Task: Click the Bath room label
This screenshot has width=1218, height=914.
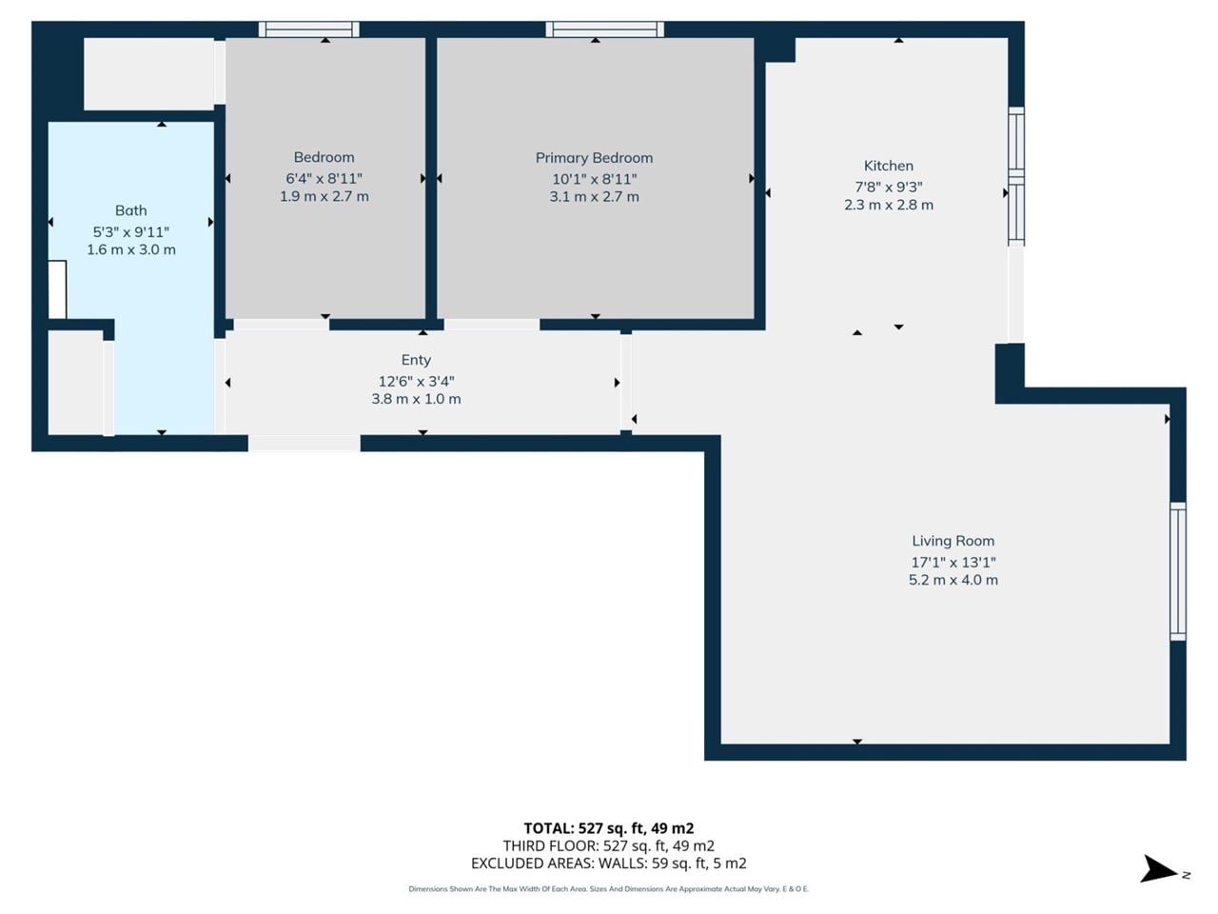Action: tap(131, 210)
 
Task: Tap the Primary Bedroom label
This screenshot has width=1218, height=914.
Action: tap(594, 158)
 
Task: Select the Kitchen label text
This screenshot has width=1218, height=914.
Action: tap(889, 166)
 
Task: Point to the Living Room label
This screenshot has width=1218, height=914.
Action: tap(953, 541)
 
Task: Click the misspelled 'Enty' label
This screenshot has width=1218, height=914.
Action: tap(416, 360)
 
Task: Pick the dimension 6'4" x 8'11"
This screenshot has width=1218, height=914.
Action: tap(324, 179)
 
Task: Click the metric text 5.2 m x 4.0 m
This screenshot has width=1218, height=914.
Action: tap(953, 580)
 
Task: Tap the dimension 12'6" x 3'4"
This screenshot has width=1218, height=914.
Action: tap(416, 381)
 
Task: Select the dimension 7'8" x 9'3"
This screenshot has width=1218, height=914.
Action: tap(889, 187)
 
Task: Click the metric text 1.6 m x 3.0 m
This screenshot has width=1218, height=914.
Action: tap(131, 249)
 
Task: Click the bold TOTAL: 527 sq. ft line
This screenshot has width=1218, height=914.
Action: tap(609, 828)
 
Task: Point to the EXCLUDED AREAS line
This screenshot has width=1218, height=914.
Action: tap(609, 864)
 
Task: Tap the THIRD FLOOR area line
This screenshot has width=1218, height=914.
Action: tap(609, 845)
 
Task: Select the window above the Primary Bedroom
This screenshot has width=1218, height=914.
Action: tap(605, 30)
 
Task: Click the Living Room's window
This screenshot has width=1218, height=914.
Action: tap(1178, 571)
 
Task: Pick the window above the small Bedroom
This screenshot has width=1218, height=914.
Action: tap(309, 30)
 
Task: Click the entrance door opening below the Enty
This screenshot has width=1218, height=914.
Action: tap(304, 444)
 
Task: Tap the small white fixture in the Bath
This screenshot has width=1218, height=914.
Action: tap(57, 289)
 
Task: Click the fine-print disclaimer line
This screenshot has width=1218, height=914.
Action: tap(609, 889)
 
